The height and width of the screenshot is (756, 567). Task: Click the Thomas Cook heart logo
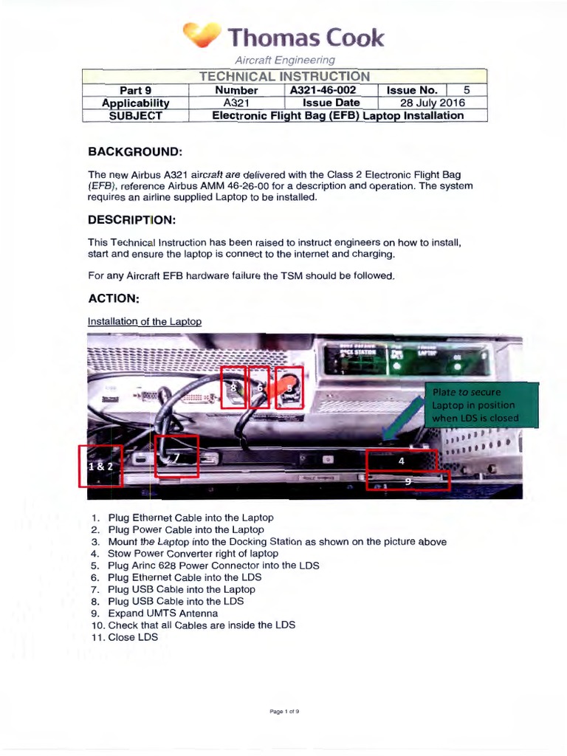201,35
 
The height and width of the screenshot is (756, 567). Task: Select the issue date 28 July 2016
432,103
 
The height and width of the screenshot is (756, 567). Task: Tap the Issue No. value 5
467,90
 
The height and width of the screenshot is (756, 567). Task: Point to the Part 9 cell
135,90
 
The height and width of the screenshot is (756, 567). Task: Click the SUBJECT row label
135,115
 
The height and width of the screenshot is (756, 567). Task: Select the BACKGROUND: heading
134,151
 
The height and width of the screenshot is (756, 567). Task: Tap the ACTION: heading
113,298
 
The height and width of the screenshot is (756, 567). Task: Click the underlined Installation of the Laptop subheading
145,321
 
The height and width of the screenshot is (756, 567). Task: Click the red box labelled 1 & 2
100,466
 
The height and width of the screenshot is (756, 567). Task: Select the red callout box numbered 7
177,456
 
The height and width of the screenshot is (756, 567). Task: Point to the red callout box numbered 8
234,386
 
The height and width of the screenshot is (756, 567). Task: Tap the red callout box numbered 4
402,460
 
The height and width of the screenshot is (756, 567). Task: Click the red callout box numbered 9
408,481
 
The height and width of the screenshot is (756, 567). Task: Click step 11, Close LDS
132,636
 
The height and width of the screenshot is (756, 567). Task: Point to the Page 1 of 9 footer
283,712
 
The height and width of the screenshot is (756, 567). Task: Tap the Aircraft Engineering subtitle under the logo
284,60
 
